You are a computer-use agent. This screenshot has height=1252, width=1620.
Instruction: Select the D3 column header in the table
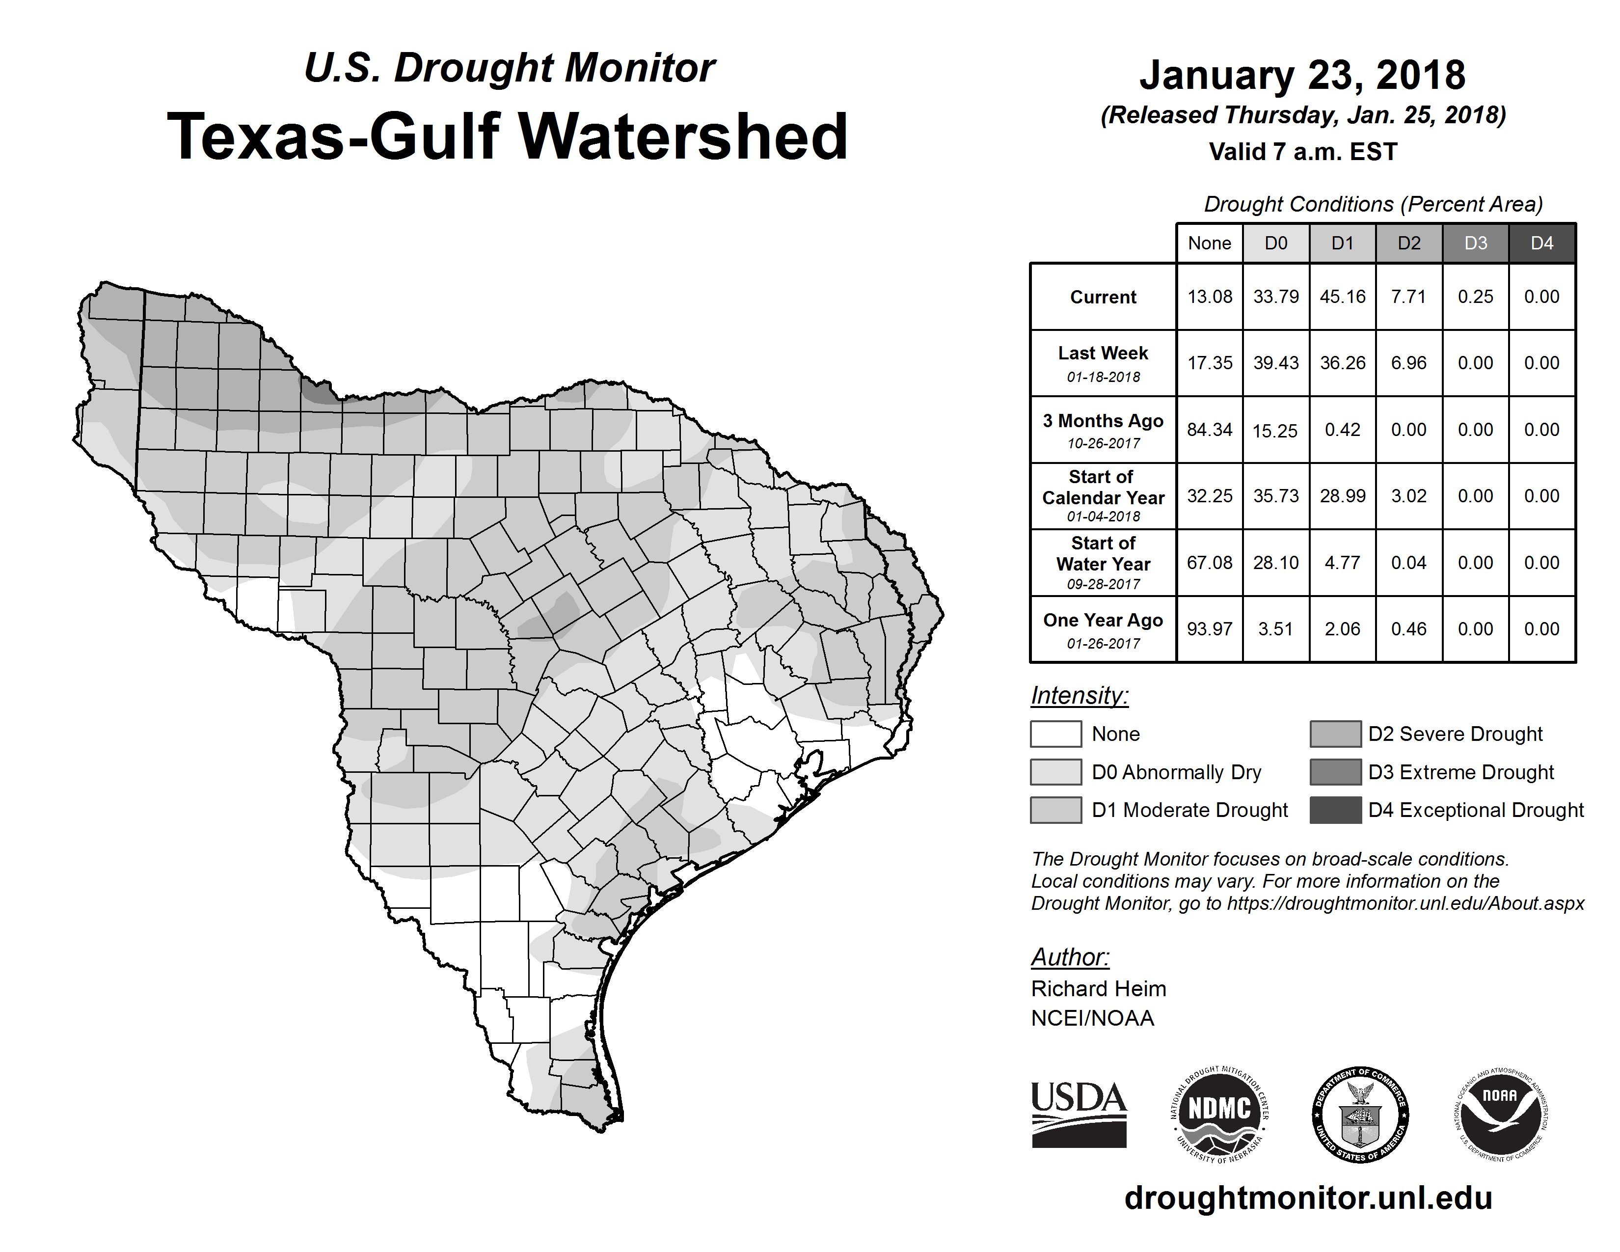coord(1475,243)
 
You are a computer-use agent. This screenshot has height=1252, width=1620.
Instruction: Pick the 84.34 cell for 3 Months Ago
coord(1209,430)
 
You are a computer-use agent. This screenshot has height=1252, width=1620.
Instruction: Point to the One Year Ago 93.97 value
coord(1209,629)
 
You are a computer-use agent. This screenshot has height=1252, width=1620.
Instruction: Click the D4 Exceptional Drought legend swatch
coord(1335,810)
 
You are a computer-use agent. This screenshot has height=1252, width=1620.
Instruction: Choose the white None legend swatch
coord(1055,734)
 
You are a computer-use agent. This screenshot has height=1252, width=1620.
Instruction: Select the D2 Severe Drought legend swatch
coord(1335,734)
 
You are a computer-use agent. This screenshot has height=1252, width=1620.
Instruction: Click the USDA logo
coord(1079,1114)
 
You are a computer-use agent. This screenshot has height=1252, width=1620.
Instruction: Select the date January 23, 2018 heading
coord(1302,75)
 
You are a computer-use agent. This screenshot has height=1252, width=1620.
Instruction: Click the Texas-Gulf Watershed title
coord(508,136)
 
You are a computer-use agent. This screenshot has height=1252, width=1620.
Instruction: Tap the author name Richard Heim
coord(1099,989)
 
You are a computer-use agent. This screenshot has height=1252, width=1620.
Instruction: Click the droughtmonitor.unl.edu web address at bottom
coord(1308,1198)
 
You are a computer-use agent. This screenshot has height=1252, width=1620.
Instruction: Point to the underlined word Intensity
coord(1079,696)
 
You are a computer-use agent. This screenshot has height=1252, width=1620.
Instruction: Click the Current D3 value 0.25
coord(1475,297)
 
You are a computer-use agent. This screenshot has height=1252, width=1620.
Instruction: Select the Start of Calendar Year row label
coord(1103,496)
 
